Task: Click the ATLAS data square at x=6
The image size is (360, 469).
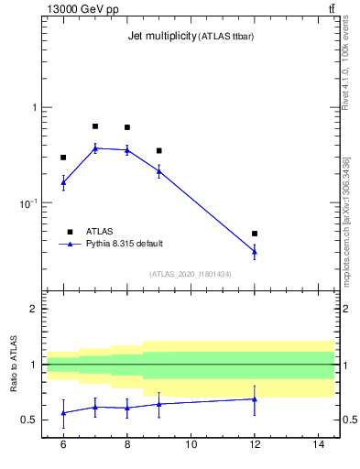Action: point(63,158)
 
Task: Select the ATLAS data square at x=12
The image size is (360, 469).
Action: point(255,234)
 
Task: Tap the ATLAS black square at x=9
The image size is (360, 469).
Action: point(158,150)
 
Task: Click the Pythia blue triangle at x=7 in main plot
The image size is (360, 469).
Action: point(95,147)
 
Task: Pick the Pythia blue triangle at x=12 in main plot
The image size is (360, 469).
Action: point(255,251)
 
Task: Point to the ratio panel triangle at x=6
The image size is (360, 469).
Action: point(63,413)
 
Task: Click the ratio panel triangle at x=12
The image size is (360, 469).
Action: point(255,398)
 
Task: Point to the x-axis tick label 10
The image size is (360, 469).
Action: point(191,444)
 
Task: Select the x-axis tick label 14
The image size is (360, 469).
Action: point(319,444)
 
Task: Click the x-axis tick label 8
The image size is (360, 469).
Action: point(126,444)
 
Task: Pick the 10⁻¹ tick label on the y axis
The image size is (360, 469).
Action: point(29,202)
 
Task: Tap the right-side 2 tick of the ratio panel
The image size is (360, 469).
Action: point(342,309)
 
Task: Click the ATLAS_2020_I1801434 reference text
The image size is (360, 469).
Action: point(191,274)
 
